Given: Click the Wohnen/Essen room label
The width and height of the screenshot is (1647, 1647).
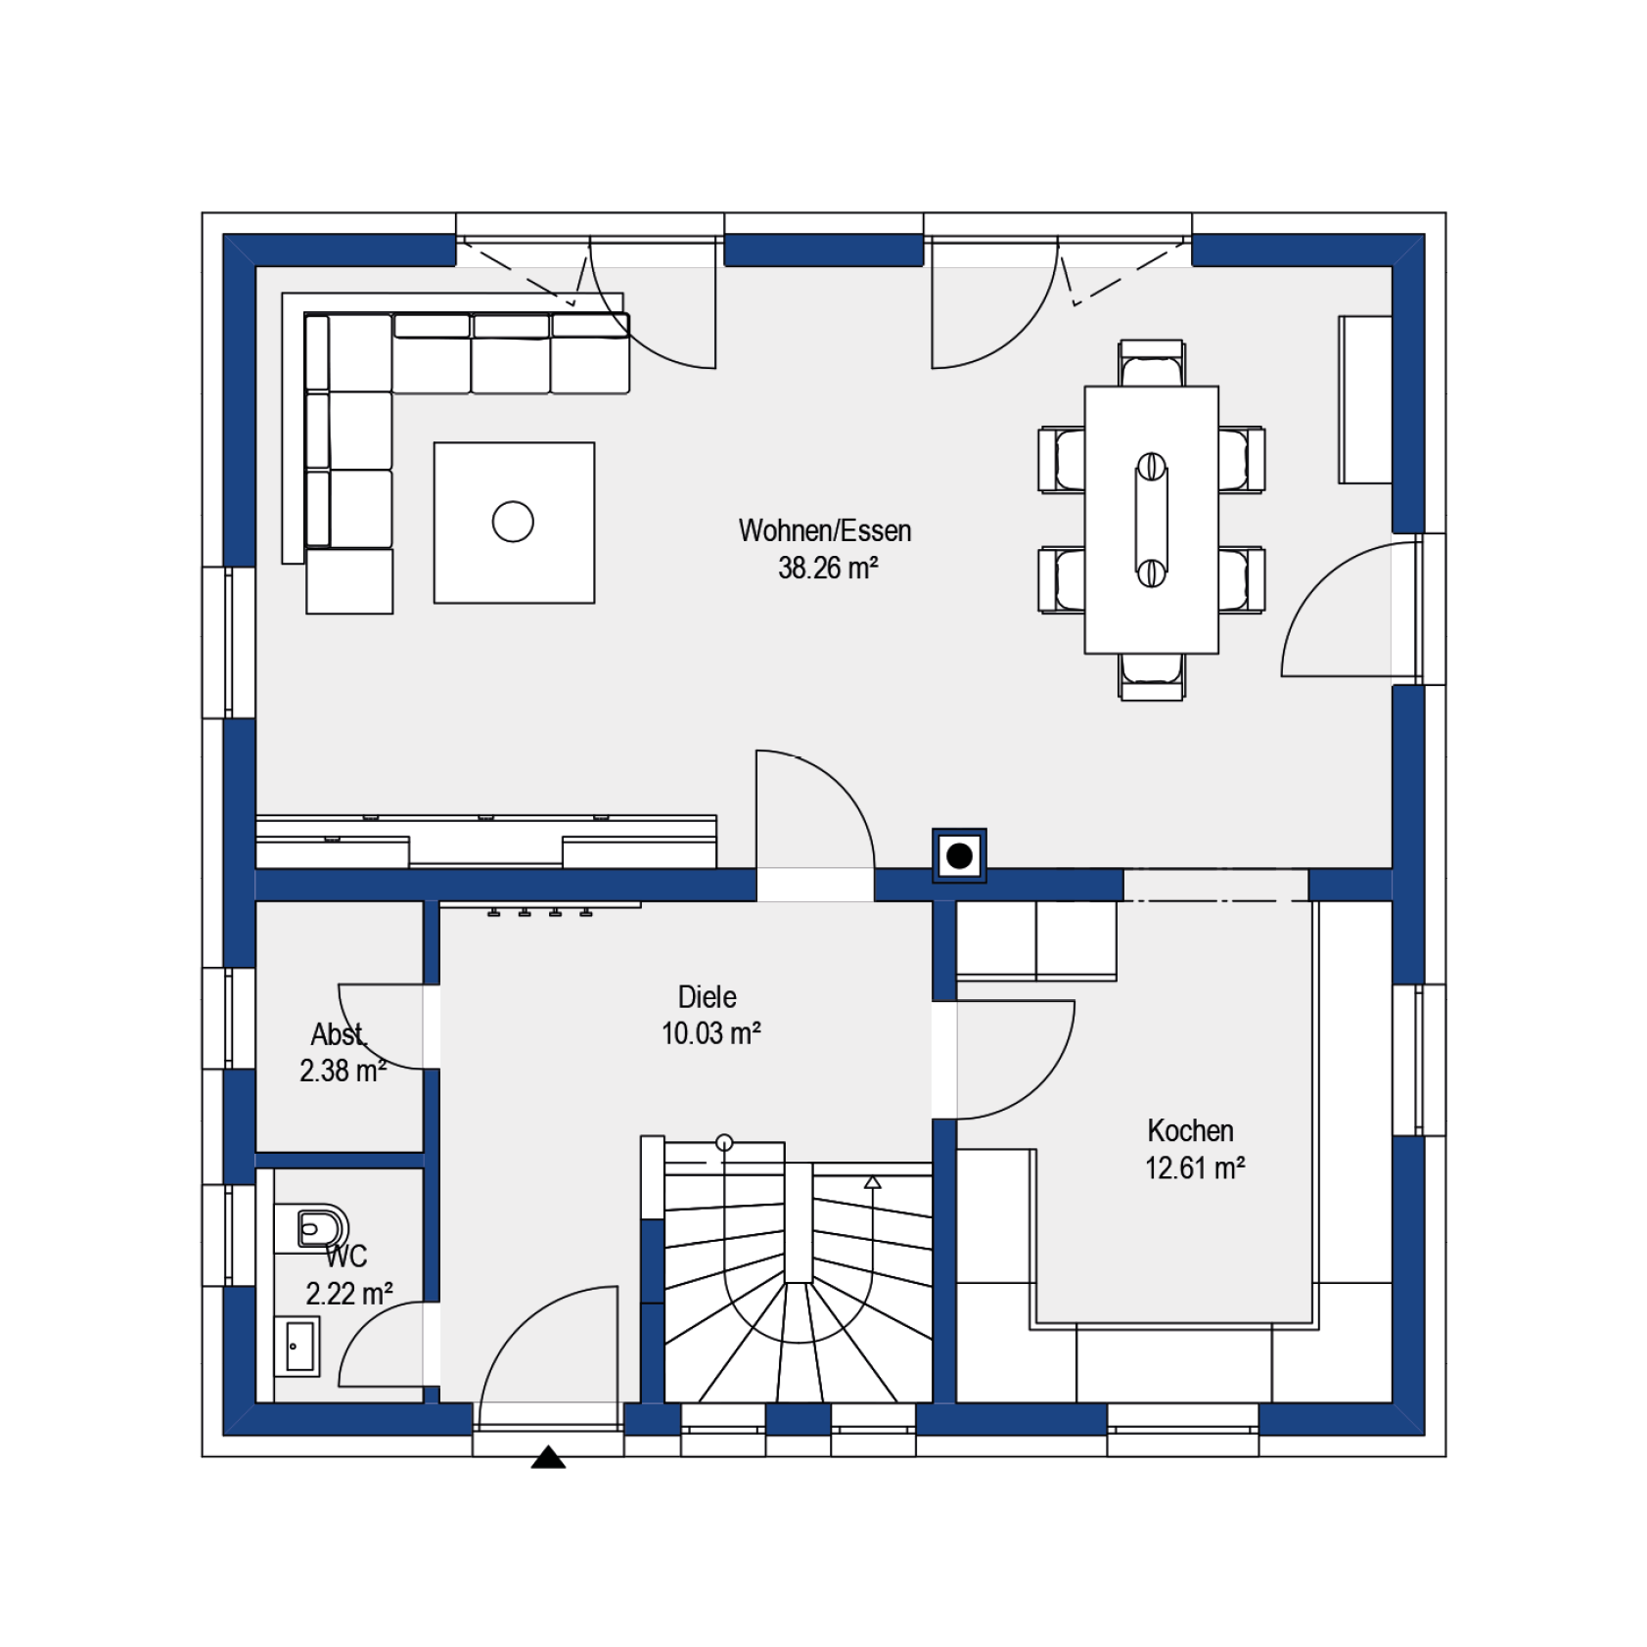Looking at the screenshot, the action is tap(824, 530).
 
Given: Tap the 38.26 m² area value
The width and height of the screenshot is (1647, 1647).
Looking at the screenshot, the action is tap(828, 568).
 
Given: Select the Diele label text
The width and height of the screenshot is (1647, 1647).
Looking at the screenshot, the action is tap(707, 997).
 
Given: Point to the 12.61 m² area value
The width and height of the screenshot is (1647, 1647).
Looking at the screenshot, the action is tap(1195, 1167).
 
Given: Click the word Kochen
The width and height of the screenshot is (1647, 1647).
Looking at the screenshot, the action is tap(1190, 1130).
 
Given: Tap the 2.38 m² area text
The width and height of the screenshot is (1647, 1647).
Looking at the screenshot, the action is tap(343, 1071).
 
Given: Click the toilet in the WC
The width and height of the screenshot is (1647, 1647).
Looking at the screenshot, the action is tap(320, 1227).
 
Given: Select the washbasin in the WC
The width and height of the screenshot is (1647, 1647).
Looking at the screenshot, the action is tap(298, 1347).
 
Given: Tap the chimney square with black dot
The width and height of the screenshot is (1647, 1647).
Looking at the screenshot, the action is tap(959, 856).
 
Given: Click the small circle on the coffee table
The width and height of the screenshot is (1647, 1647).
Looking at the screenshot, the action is tap(513, 522).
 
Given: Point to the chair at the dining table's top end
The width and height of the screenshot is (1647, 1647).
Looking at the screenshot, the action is tap(1152, 363).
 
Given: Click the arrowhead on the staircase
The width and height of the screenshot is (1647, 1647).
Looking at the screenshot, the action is tap(873, 1182).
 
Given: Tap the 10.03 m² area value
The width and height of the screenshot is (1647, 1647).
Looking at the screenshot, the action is tap(710, 1033).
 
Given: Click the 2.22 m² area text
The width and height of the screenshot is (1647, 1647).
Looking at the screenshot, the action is tap(349, 1294).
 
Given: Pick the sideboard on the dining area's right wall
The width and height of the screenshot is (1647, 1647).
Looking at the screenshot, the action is tap(1365, 399).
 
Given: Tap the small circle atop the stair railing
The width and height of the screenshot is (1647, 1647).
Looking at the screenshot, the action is tap(724, 1142).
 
